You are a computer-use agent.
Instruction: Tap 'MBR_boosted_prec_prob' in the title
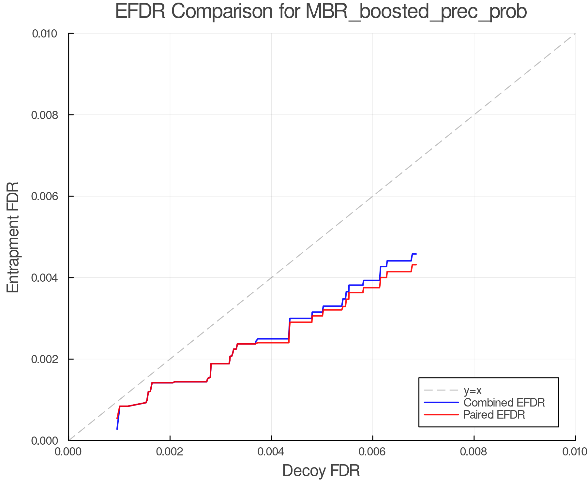click(x=416, y=12)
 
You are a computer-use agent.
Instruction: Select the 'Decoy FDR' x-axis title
click(x=321, y=471)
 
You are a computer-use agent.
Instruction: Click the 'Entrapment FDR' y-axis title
click(x=13, y=237)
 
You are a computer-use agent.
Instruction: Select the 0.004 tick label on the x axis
click(x=271, y=452)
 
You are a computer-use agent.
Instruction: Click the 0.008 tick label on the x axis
click(x=474, y=452)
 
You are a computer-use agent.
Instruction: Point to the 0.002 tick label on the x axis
click(x=170, y=452)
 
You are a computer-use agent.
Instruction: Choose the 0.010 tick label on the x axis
click(x=575, y=452)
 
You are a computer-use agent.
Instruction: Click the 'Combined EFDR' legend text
click(x=504, y=403)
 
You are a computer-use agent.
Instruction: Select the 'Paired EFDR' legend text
click(x=494, y=415)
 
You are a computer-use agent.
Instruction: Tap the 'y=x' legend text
click(x=472, y=390)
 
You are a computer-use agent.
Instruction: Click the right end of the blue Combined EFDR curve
click(x=416, y=254)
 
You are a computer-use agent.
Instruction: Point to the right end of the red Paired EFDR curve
click(x=416, y=265)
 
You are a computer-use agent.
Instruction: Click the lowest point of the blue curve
click(x=117, y=429)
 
